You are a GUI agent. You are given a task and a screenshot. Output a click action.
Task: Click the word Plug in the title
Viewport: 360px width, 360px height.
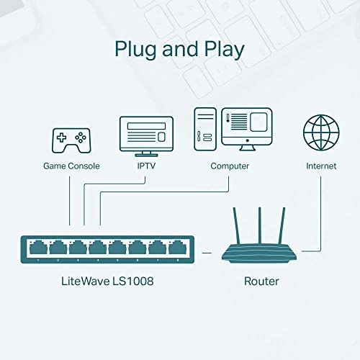pos(138,50)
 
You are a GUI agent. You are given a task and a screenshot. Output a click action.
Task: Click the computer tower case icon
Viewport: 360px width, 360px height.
pos(204,129)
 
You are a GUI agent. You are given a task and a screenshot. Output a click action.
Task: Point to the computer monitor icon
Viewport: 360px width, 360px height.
pos(246,128)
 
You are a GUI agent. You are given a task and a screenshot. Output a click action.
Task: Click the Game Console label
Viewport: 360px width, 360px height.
pos(70,166)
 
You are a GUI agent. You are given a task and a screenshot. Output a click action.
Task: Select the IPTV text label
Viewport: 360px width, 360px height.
pos(146,166)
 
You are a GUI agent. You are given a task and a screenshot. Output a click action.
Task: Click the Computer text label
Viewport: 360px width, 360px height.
pos(230,166)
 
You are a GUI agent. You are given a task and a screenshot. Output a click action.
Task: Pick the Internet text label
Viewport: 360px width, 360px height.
pos(320,166)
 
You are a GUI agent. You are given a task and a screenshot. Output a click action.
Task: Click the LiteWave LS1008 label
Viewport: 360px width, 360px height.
pos(107,281)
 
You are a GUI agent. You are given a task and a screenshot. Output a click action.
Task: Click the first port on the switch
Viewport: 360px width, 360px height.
pos(37,249)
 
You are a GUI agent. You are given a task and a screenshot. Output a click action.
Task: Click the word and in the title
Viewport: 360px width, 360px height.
pos(179,50)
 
